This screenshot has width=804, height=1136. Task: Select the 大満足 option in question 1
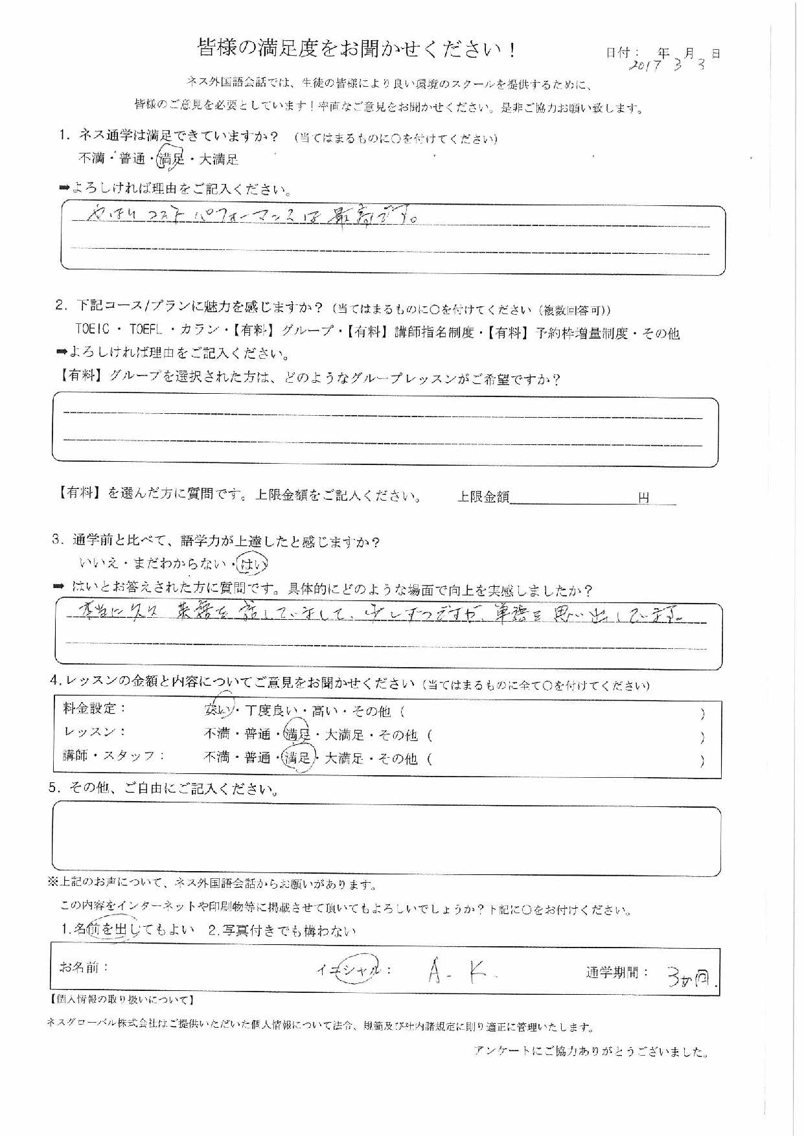[218, 158]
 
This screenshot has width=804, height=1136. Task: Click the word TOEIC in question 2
[95, 332]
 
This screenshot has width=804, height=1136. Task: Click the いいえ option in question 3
[98, 564]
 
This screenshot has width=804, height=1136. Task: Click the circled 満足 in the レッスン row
[298, 734]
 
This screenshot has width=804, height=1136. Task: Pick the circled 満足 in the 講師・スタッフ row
[298, 758]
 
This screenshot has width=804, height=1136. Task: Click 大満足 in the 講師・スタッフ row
[344, 758]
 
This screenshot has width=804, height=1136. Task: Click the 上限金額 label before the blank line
[483, 497]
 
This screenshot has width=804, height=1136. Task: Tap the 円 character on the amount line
[643, 497]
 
